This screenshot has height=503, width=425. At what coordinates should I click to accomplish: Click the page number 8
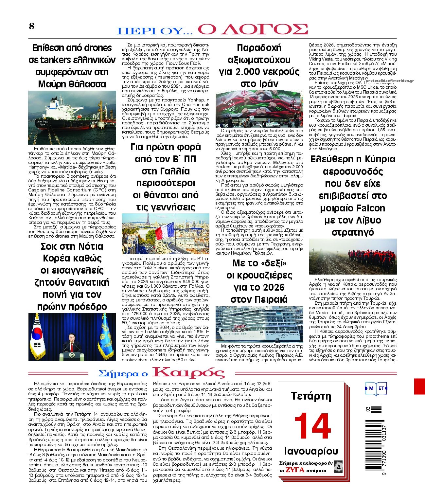click(x=32, y=26)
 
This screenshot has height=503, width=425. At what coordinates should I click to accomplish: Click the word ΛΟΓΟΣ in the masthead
click(x=253, y=29)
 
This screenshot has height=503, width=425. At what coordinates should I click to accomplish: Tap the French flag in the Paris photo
click(x=165, y=231)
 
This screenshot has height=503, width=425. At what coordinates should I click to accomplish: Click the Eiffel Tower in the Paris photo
click(x=148, y=223)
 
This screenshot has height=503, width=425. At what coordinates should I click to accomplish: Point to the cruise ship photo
click(x=259, y=324)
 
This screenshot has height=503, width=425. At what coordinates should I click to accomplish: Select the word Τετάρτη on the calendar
click(x=311, y=396)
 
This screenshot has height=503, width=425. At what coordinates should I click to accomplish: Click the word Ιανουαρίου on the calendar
click(x=311, y=451)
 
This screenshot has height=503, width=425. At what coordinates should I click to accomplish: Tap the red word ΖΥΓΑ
click(x=295, y=470)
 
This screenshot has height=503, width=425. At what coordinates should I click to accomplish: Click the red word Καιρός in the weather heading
click(x=188, y=373)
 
